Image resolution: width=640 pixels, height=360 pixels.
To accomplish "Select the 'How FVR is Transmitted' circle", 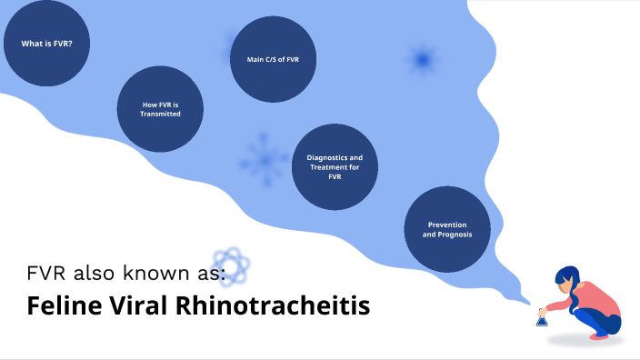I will click(x=161, y=110).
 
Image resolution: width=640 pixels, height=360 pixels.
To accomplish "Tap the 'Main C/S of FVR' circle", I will click(x=273, y=59).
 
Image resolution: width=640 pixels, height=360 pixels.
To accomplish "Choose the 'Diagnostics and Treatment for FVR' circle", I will click(x=335, y=167).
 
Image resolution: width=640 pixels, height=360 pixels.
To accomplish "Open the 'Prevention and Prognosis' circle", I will click(x=447, y=229).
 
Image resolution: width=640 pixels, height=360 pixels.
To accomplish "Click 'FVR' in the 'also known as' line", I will click(x=45, y=273).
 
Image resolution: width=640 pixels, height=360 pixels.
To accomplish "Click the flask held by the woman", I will click(x=542, y=318).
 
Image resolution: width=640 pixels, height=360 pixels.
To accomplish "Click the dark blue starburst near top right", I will click(x=421, y=60).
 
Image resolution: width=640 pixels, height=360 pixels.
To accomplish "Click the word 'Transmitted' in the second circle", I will click(x=161, y=115).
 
